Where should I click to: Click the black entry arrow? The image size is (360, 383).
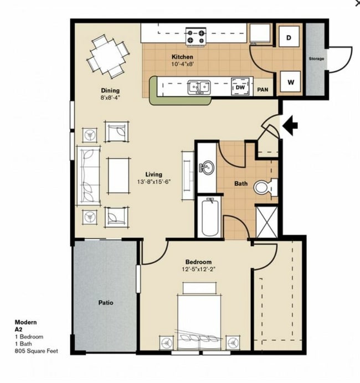(290, 126)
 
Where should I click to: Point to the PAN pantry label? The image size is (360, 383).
(264, 89)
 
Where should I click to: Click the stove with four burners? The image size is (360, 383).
(196, 37)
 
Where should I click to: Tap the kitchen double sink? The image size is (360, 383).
(198, 87)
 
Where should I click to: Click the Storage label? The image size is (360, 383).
(316, 59)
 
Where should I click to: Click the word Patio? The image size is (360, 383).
(106, 303)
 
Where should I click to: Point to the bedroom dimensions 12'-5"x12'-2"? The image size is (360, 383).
(198, 270)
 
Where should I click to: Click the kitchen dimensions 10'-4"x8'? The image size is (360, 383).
(182, 64)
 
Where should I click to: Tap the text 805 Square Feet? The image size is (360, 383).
(36, 351)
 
